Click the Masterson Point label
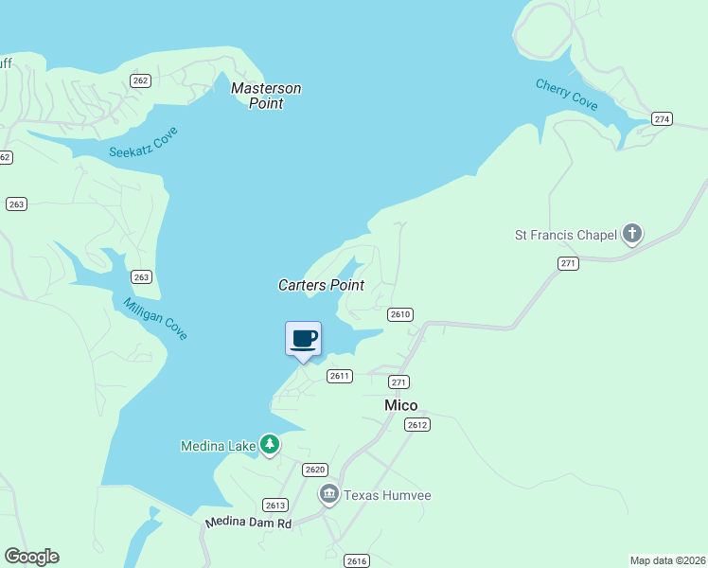tap(266, 96)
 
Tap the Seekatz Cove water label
tap(144, 141)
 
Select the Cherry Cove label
tap(567, 95)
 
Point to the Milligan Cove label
tap(155, 318)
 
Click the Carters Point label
tap(321, 285)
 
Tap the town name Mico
tap(400, 405)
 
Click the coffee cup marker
tap(303, 339)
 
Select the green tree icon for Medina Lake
tap(270, 443)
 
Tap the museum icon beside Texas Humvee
tap(328, 493)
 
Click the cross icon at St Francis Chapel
tap(632, 234)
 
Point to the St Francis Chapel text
tap(565, 234)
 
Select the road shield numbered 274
tap(662, 118)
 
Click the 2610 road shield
tap(400, 314)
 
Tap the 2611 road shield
tap(340, 376)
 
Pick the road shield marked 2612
tap(417, 424)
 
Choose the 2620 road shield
tap(315, 470)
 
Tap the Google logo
tap(31, 557)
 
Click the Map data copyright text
tap(668, 559)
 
